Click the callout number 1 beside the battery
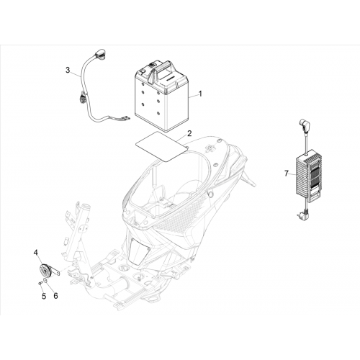(x=200, y=94)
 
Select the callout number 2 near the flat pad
(x=189, y=133)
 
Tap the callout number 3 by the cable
(x=68, y=71)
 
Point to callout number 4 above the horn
(x=35, y=252)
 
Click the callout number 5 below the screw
(x=44, y=296)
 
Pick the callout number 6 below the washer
(x=55, y=296)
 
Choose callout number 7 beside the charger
(x=286, y=174)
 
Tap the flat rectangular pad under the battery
(x=162, y=146)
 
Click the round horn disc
(x=45, y=271)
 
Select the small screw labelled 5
(x=40, y=284)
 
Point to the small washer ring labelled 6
(x=45, y=281)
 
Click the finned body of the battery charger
(x=309, y=176)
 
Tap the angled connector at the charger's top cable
(x=303, y=125)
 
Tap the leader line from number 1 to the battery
(x=193, y=96)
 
